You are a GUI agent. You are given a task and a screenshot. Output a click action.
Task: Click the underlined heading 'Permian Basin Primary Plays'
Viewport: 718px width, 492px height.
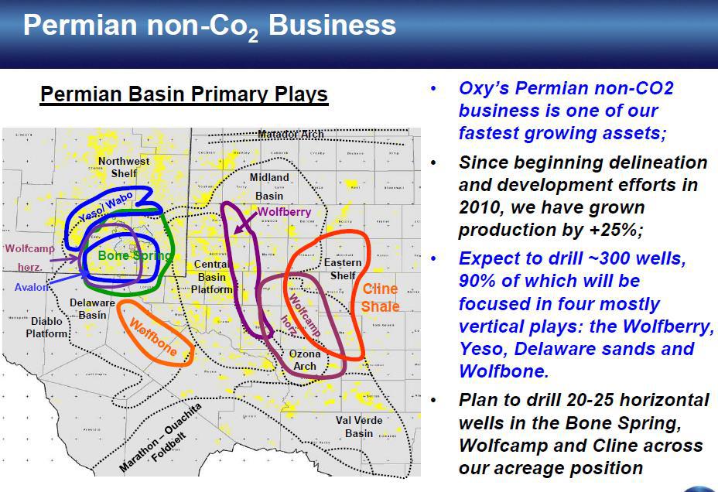click(184, 94)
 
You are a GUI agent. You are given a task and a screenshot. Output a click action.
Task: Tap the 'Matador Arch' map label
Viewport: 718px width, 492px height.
click(291, 135)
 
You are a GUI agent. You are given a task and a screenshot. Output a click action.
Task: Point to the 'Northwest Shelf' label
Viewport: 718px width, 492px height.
click(124, 167)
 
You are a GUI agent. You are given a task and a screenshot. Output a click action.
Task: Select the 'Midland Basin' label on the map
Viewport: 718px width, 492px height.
click(269, 186)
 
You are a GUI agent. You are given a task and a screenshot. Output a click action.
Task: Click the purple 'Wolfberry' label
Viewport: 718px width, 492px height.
click(284, 211)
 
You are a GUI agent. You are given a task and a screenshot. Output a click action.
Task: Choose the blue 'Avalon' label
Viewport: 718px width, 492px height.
click(30, 287)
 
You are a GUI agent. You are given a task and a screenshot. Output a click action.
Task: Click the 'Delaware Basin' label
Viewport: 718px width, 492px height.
click(93, 309)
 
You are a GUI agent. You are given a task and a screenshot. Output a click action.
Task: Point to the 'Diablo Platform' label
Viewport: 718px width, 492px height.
click(47, 327)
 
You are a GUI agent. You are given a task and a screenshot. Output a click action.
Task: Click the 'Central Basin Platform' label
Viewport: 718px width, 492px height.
click(212, 277)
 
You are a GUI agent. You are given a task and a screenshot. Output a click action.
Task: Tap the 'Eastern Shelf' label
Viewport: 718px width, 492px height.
click(343, 269)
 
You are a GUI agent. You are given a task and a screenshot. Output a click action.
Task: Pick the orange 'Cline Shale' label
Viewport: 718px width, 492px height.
click(380, 297)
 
